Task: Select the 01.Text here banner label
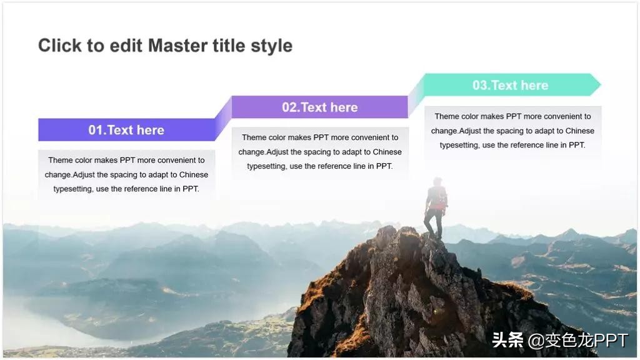click(x=126, y=130)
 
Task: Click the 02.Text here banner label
click(x=319, y=107)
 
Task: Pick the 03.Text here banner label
click(x=510, y=85)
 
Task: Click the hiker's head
click(x=437, y=182)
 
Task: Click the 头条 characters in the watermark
click(x=507, y=340)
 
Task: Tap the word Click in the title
click(x=60, y=46)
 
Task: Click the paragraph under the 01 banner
click(x=126, y=174)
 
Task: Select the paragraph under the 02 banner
click(x=319, y=152)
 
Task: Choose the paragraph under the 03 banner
click(x=512, y=131)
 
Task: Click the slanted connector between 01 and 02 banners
click(x=223, y=118)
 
